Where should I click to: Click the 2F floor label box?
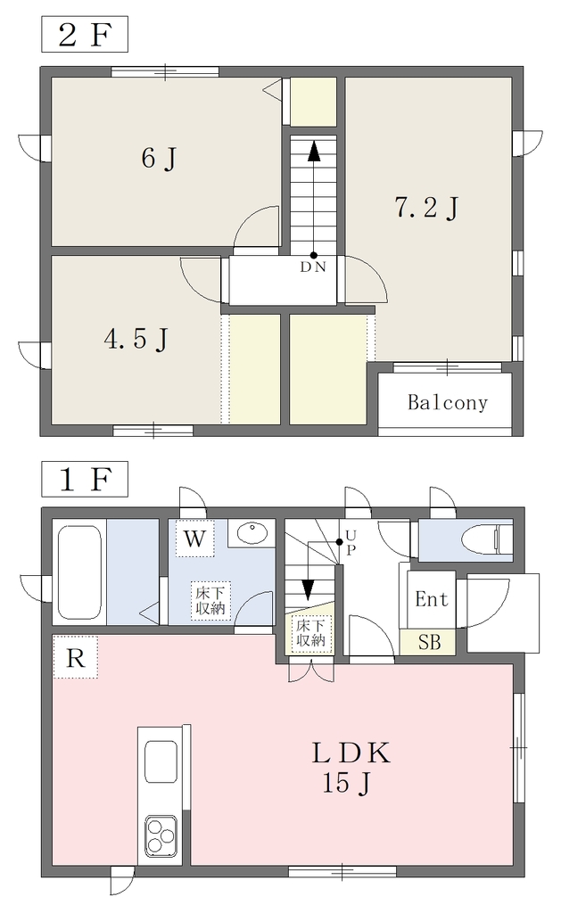(85, 35)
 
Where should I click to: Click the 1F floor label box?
(85, 479)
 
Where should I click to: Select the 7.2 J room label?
(427, 207)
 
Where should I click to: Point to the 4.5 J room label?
(136, 338)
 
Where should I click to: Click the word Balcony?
(448, 402)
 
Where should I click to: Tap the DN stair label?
(313, 267)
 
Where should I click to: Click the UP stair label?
(349, 543)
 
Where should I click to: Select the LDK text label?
(351, 753)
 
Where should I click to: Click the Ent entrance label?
(432, 598)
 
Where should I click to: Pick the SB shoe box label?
(430, 642)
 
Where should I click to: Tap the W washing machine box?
(195, 539)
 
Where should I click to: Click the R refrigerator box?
(75, 657)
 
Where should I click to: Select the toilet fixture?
(482, 538)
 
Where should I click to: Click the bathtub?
(79, 573)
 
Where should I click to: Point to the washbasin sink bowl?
(252, 532)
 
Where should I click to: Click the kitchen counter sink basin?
(161, 761)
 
